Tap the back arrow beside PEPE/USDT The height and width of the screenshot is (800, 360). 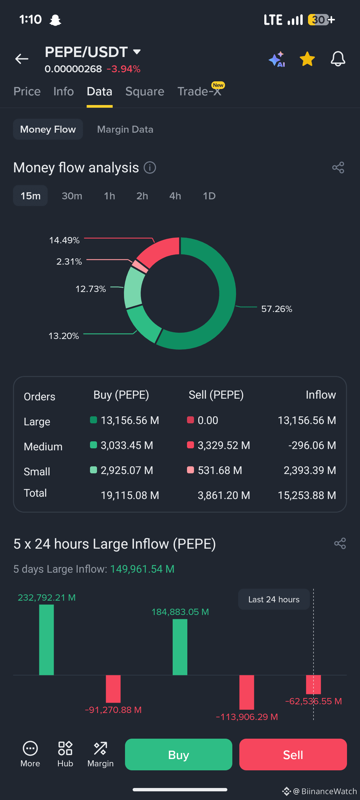(22, 59)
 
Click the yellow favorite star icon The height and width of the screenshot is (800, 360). (307, 59)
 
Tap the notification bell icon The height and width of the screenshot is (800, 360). (338, 59)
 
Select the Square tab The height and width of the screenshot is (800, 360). (145, 91)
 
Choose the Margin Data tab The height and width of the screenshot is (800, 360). (125, 129)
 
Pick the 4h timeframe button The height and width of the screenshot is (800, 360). (175, 196)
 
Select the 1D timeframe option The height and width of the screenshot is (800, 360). (209, 196)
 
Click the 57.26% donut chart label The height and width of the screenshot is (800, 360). (277, 309)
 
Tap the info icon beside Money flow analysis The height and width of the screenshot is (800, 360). (150, 168)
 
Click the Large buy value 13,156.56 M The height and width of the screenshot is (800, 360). (130, 420)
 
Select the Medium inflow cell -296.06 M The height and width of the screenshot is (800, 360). (312, 445)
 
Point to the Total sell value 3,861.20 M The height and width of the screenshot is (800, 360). (224, 495)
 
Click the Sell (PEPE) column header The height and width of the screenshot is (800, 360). (216, 395)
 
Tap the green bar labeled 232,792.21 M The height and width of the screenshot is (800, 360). (46, 640)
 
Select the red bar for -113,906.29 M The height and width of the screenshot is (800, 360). (247, 692)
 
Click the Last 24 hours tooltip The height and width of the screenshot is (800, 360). (274, 599)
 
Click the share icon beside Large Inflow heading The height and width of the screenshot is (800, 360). (340, 543)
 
